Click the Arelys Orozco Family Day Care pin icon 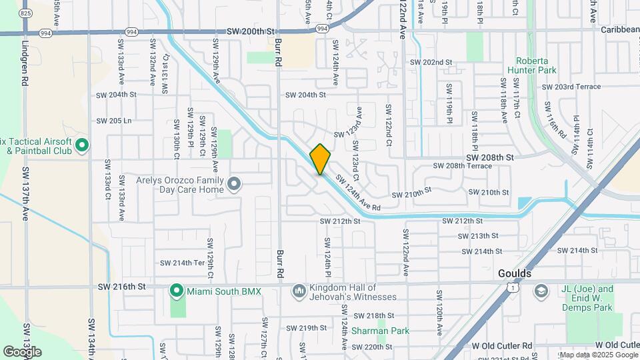233,183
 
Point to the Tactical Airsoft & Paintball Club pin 82,144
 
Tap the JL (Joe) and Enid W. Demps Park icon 541,290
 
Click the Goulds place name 515,274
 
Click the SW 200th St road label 251,31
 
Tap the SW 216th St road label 121,287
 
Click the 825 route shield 25,13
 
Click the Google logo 22,351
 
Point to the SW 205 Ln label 114,121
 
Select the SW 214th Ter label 189,263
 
